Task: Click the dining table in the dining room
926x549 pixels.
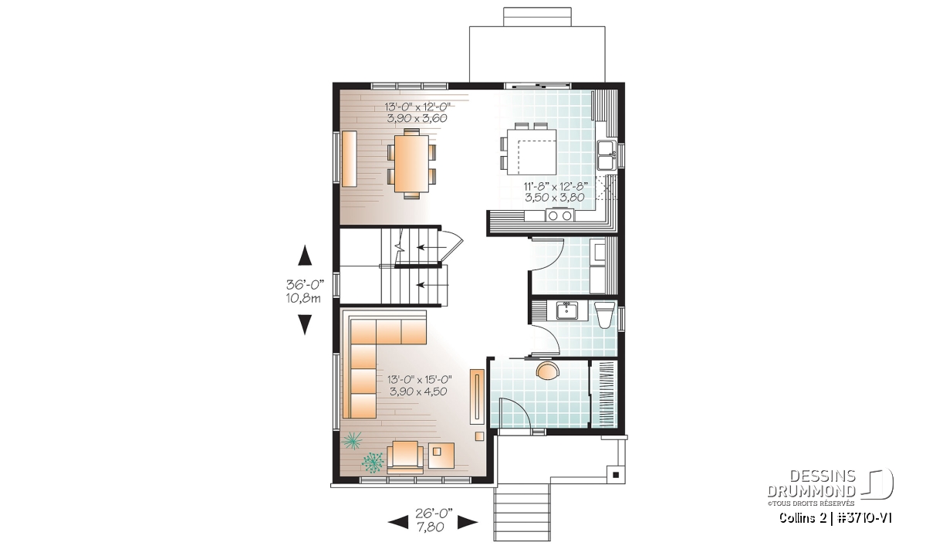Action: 411,164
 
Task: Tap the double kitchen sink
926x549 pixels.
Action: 607,154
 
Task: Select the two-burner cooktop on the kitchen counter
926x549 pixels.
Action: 559,215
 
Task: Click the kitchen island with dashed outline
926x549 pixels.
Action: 532,151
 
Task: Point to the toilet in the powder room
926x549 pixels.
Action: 604,315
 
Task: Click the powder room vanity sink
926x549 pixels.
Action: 566,310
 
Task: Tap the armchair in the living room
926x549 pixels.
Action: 405,457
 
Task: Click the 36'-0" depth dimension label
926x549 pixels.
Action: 304,291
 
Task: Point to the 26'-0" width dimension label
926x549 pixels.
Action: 433,520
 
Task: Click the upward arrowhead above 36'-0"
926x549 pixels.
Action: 305,255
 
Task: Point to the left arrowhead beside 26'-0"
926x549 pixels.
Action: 398,522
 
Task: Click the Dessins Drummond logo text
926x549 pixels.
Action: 811,483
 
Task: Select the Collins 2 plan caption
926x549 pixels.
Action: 835,517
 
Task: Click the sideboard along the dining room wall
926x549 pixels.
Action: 350,159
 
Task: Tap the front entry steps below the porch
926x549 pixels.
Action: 522,512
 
